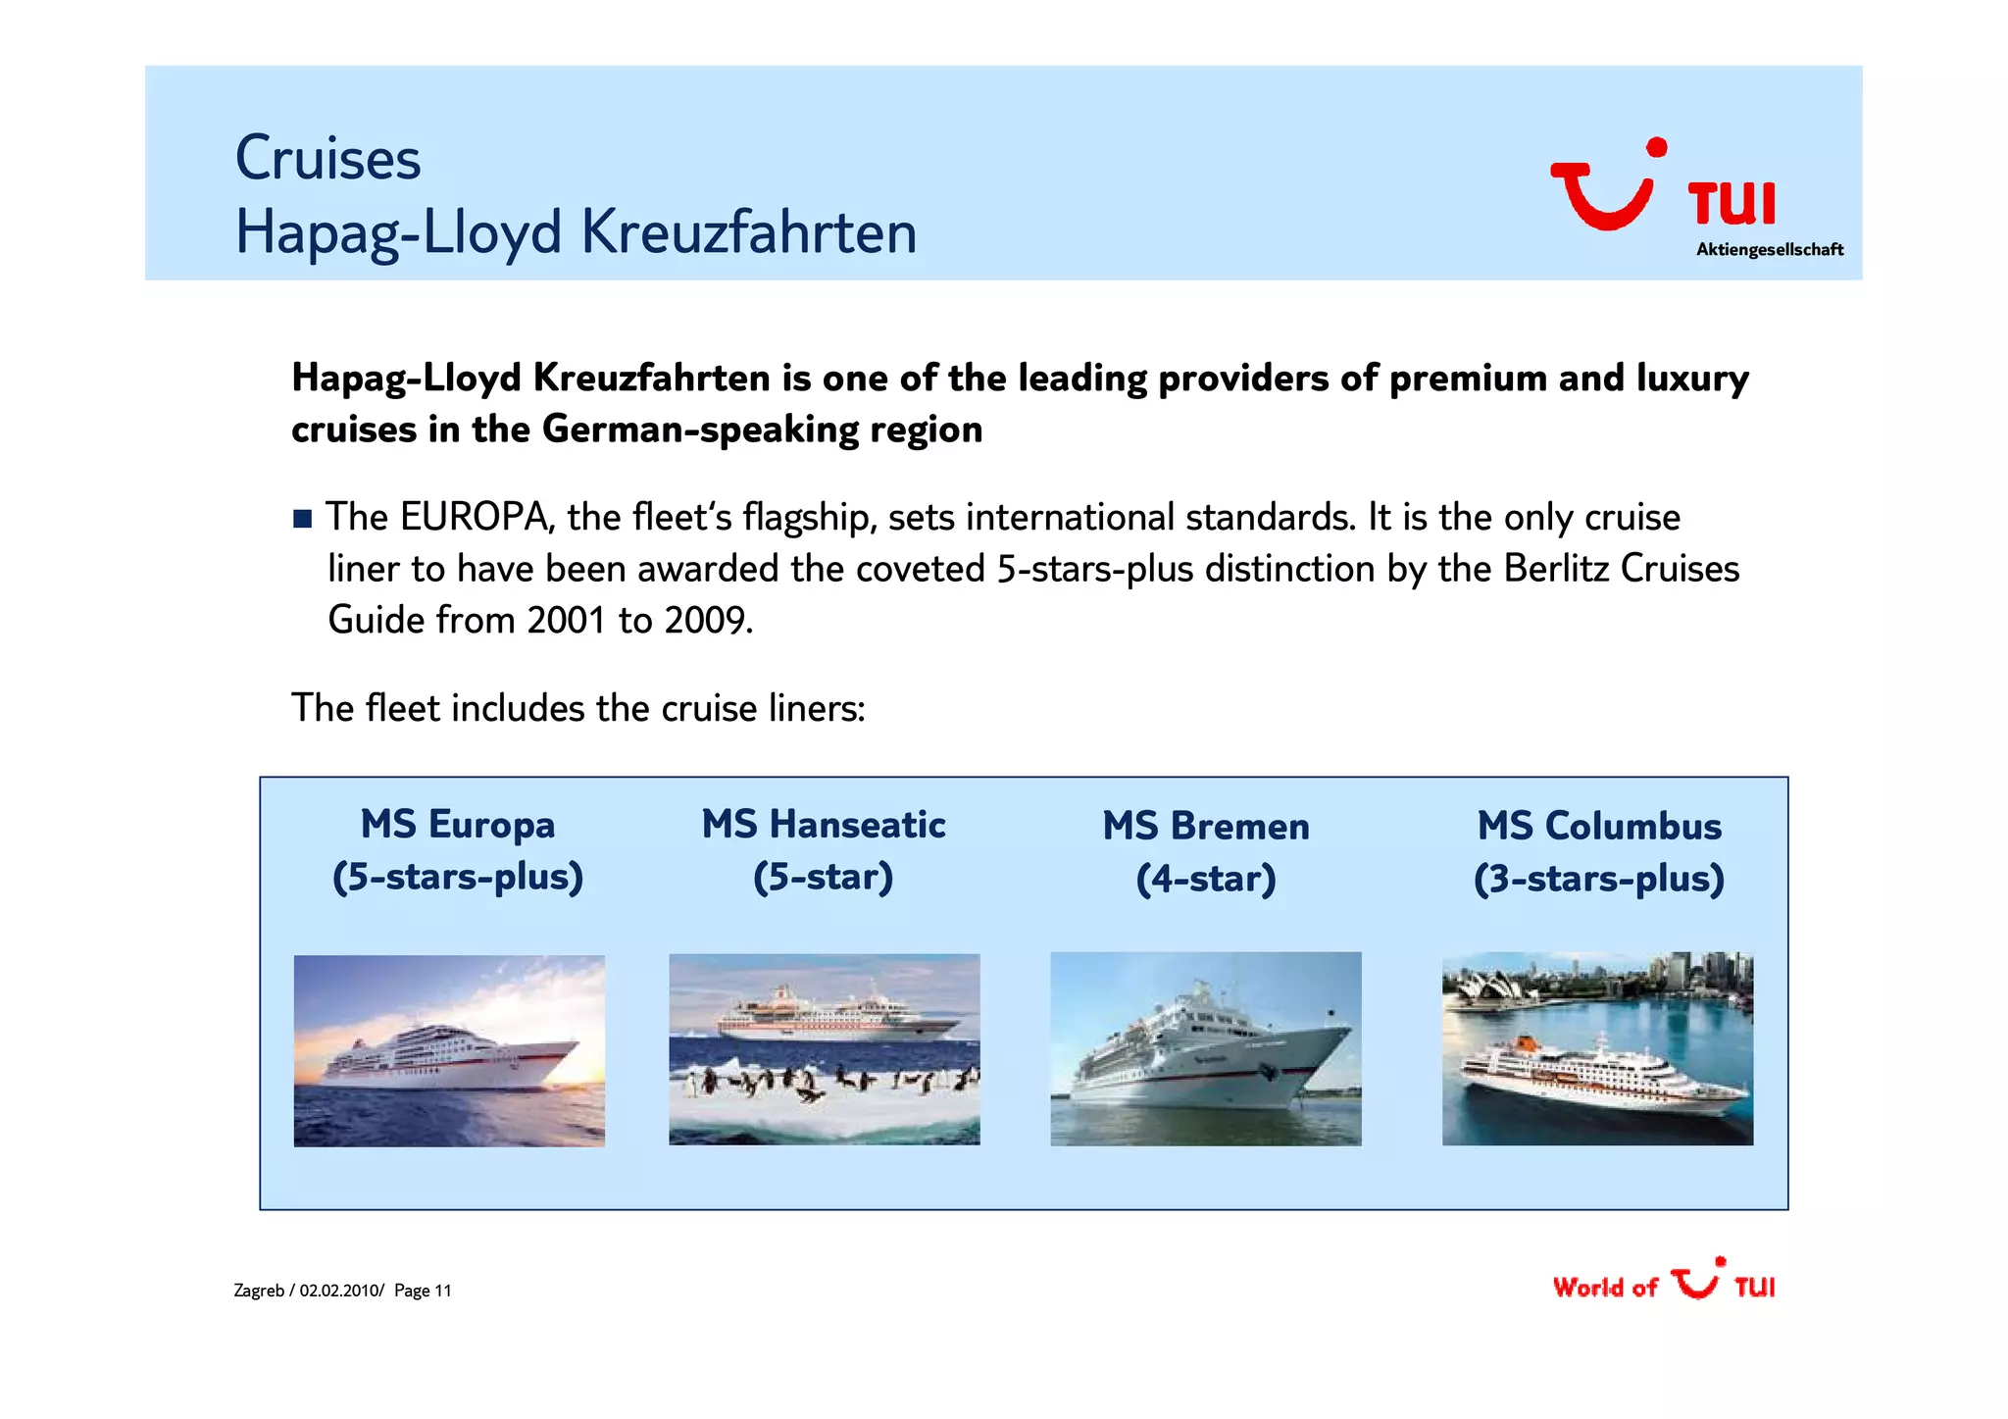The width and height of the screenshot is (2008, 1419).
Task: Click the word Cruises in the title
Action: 327,159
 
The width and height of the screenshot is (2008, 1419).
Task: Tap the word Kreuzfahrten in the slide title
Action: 748,233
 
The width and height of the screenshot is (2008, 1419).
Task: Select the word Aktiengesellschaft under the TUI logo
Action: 1769,250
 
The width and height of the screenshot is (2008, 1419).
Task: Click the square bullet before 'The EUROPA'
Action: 302,519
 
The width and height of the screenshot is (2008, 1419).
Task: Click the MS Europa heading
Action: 457,825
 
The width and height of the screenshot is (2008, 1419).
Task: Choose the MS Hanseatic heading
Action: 823,825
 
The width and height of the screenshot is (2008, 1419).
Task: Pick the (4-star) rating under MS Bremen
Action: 1205,879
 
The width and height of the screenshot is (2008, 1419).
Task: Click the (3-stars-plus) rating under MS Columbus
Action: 1598,879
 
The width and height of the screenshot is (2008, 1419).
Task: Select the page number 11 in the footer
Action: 442,1291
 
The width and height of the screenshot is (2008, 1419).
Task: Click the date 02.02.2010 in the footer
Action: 339,1291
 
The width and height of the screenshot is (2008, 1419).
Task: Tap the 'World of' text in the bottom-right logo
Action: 1604,1288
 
